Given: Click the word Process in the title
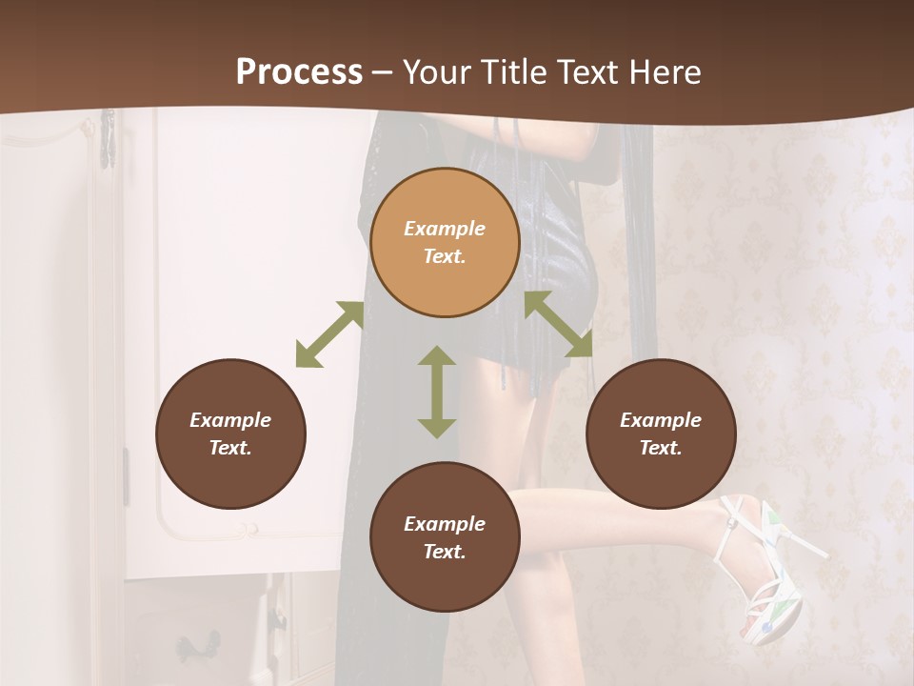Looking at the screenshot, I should (x=299, y=72).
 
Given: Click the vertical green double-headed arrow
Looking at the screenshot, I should (x=437, y=392).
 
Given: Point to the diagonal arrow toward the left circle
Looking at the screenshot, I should (x=329, y=334).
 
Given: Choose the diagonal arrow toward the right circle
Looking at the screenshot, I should (x=559, y=325).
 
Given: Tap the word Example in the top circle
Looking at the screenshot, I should (x=445, y=229).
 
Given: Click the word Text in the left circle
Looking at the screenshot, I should (x=230, y=448).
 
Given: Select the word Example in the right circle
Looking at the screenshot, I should (x=661, y=420).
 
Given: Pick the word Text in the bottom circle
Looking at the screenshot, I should (x=445, y=552).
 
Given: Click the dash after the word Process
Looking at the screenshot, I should (x=382, y=73).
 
